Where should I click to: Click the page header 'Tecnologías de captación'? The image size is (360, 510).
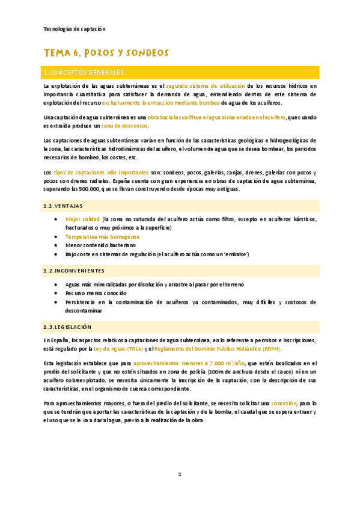[75, 28]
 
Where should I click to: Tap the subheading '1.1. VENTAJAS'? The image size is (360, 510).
[63, 206]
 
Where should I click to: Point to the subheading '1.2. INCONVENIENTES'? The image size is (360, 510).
[74, 271]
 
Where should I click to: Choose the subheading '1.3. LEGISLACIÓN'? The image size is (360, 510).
[67, 327]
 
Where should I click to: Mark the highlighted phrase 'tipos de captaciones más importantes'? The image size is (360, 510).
[100, 173]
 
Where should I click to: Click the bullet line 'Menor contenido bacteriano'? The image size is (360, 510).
[101, 245]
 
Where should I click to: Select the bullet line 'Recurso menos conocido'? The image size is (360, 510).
[96, 293]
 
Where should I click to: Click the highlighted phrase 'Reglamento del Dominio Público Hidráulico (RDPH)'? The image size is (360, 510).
[218, 349]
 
